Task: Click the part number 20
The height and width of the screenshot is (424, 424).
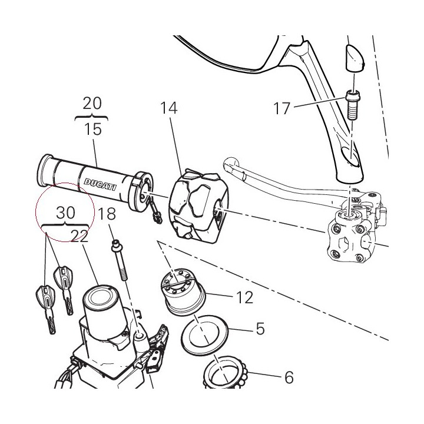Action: tap(92, 104)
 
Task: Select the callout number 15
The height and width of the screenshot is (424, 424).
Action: tap(93, 129)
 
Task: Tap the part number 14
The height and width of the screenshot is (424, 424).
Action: tap(169, 108)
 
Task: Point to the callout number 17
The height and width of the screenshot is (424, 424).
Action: tap(281, 108)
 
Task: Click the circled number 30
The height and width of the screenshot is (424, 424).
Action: tap(65, 213)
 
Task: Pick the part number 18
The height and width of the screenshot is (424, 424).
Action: tap(107, 214)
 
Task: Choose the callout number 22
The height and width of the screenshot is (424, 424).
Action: tap(79, 236)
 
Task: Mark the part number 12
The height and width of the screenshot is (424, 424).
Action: tap(245, 297)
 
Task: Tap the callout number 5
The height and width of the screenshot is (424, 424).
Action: tap(260, 329)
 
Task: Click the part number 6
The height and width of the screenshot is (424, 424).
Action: tap(289, 377)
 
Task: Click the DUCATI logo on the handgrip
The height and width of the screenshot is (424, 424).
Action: tap(100, 184)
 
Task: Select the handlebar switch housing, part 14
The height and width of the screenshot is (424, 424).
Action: tap(199, 206)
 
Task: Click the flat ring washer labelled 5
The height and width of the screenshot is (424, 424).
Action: tap(205, 334)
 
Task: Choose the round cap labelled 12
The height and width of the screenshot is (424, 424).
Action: tap(184, 291)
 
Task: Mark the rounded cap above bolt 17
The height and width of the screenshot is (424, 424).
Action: tap(355, 59)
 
